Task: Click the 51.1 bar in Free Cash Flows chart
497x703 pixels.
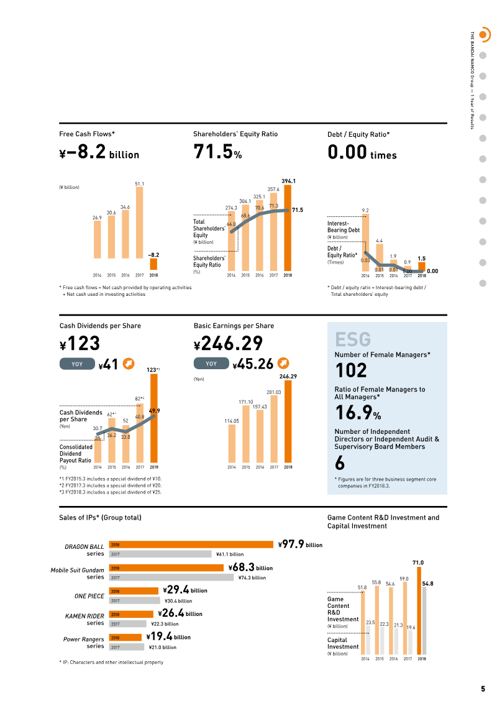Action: (139, 223)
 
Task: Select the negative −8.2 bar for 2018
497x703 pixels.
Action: (153, 264)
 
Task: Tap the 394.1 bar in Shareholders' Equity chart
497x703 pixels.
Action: (288, 227)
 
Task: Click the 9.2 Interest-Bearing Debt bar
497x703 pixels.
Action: (365, 242)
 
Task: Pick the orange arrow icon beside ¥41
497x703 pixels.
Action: (129, 364)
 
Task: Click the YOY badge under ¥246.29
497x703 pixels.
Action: (211, 364)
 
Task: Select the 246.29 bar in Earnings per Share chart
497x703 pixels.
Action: (288, 421)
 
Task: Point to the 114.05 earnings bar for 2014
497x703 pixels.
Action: (232, 443)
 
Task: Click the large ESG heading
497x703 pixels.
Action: (353, 339)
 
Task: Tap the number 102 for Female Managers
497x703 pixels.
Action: (352, 370)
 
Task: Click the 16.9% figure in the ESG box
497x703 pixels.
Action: (358, 413)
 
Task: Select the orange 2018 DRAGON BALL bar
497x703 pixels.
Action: (191, 544)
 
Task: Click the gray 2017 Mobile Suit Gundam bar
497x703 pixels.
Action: (171, 577)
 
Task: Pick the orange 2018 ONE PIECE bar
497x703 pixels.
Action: (134, 591)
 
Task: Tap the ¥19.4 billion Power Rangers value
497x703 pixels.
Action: (168, 636)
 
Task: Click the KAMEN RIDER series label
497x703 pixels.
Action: (84, 619)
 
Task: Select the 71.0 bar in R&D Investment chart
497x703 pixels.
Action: (419, 610)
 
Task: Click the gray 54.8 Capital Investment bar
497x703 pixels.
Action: (424, 621)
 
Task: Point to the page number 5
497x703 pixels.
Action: (483, 689)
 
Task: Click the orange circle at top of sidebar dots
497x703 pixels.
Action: (483, 35)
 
